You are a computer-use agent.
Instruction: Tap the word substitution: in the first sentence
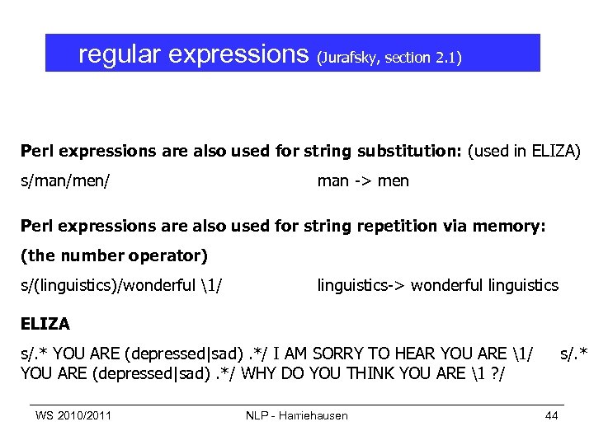(393, 152)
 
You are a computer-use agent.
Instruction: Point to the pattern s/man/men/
(66, 180)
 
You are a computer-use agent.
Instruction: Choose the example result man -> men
(363, 180)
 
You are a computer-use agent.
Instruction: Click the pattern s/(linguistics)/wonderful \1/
(124, 285)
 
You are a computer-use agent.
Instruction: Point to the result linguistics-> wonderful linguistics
(437, 285)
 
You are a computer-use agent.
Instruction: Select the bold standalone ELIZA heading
(45, 324)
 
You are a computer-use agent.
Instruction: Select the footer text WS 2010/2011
(73, 415)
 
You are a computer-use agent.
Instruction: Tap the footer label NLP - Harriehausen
(297, 415)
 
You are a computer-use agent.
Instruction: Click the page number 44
(551, 415)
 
